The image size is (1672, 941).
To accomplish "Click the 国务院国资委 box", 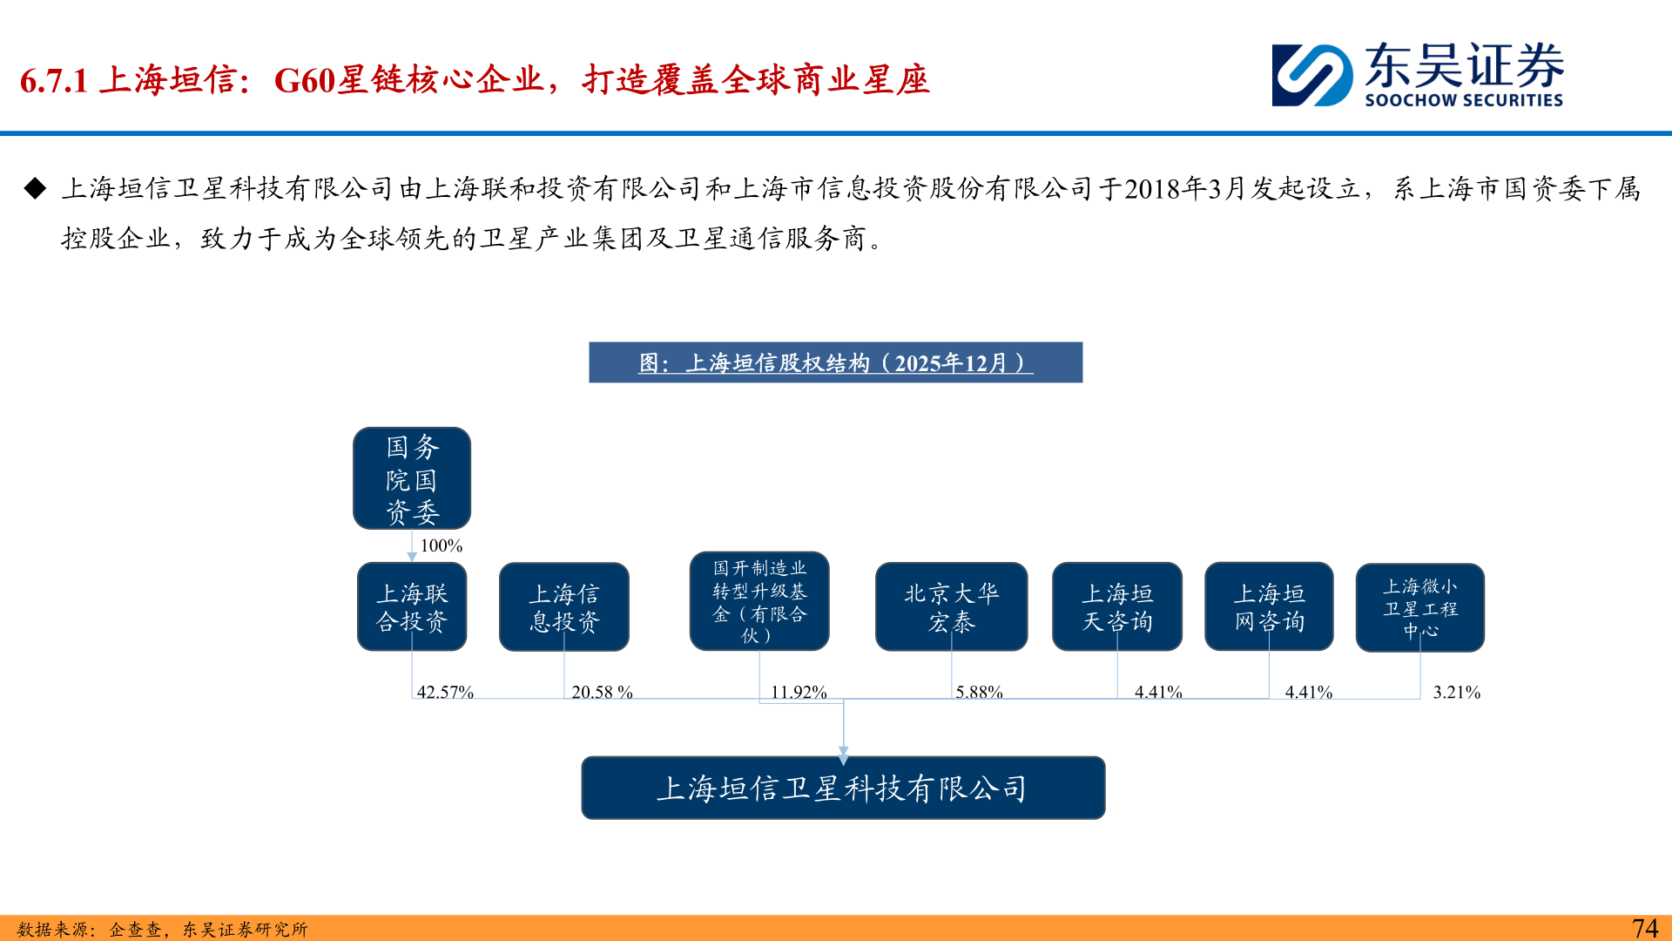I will click(412, 478).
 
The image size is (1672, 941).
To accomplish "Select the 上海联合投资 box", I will click(412, 606).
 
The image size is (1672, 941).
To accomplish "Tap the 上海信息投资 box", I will click(564, 606).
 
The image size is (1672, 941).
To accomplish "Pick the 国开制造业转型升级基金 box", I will click(759, 601).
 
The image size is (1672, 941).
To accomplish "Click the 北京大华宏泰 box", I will click(951, 606).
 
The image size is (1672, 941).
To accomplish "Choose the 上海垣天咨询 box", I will click(1117, 606).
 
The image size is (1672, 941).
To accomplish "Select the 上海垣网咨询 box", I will click(1269, 606).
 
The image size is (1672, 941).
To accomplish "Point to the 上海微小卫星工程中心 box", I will click(1420, 607).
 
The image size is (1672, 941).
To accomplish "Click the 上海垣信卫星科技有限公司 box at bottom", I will click(843, 788).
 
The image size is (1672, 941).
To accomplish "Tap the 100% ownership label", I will click(442, 546).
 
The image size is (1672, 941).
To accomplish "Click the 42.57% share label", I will click(445, 693).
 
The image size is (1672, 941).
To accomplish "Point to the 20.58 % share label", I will click(602, 693).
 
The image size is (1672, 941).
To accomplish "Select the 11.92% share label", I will click(799, 693).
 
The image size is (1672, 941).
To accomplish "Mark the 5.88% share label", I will click(980, 693).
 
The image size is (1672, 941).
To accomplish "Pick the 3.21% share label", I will click(1457, 693).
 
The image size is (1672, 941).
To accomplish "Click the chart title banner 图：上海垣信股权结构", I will click(836, 362).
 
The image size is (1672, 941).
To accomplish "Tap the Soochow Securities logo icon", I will click(1312, 76).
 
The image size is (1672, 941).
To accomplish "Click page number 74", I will click(1644, 928).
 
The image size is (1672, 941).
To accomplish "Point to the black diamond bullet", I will click(36, 188).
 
